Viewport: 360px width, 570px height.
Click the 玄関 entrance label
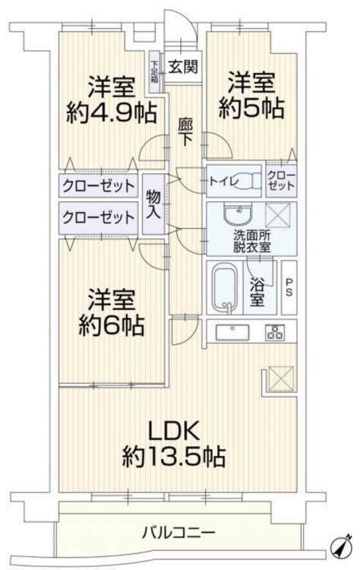(x=183, y=67)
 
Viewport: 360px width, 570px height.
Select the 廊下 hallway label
(x=185, y=132)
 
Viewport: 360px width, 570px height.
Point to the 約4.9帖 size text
(x=111, y=112)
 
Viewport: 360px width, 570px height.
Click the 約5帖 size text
(x=251, y=108)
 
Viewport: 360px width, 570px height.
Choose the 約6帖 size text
(x=111, y=325)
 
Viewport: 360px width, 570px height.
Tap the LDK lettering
(x=173, y=431)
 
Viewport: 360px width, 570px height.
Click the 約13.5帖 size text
(x=173, y=456)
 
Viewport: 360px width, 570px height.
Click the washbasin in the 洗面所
(x=236, y=214)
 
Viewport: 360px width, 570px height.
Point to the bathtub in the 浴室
(x=225, y=287)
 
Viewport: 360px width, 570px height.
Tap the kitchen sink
(x=232, y=332)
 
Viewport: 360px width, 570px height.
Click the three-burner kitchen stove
(x=275, y=332)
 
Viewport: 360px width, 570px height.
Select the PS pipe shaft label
(x=289, y=287)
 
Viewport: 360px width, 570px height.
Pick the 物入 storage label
(x=153, y=204)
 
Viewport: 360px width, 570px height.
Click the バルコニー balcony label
(x=178, y=534)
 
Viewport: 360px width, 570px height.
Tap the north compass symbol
(x=342, y=553)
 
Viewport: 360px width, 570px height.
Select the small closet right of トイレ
(x=281, y=181)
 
